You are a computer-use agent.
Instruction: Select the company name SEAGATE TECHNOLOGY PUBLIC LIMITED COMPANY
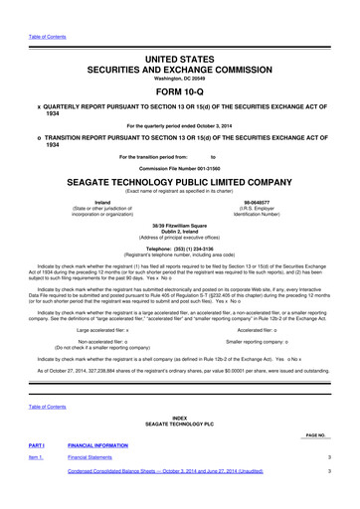(x=180, y=183)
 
